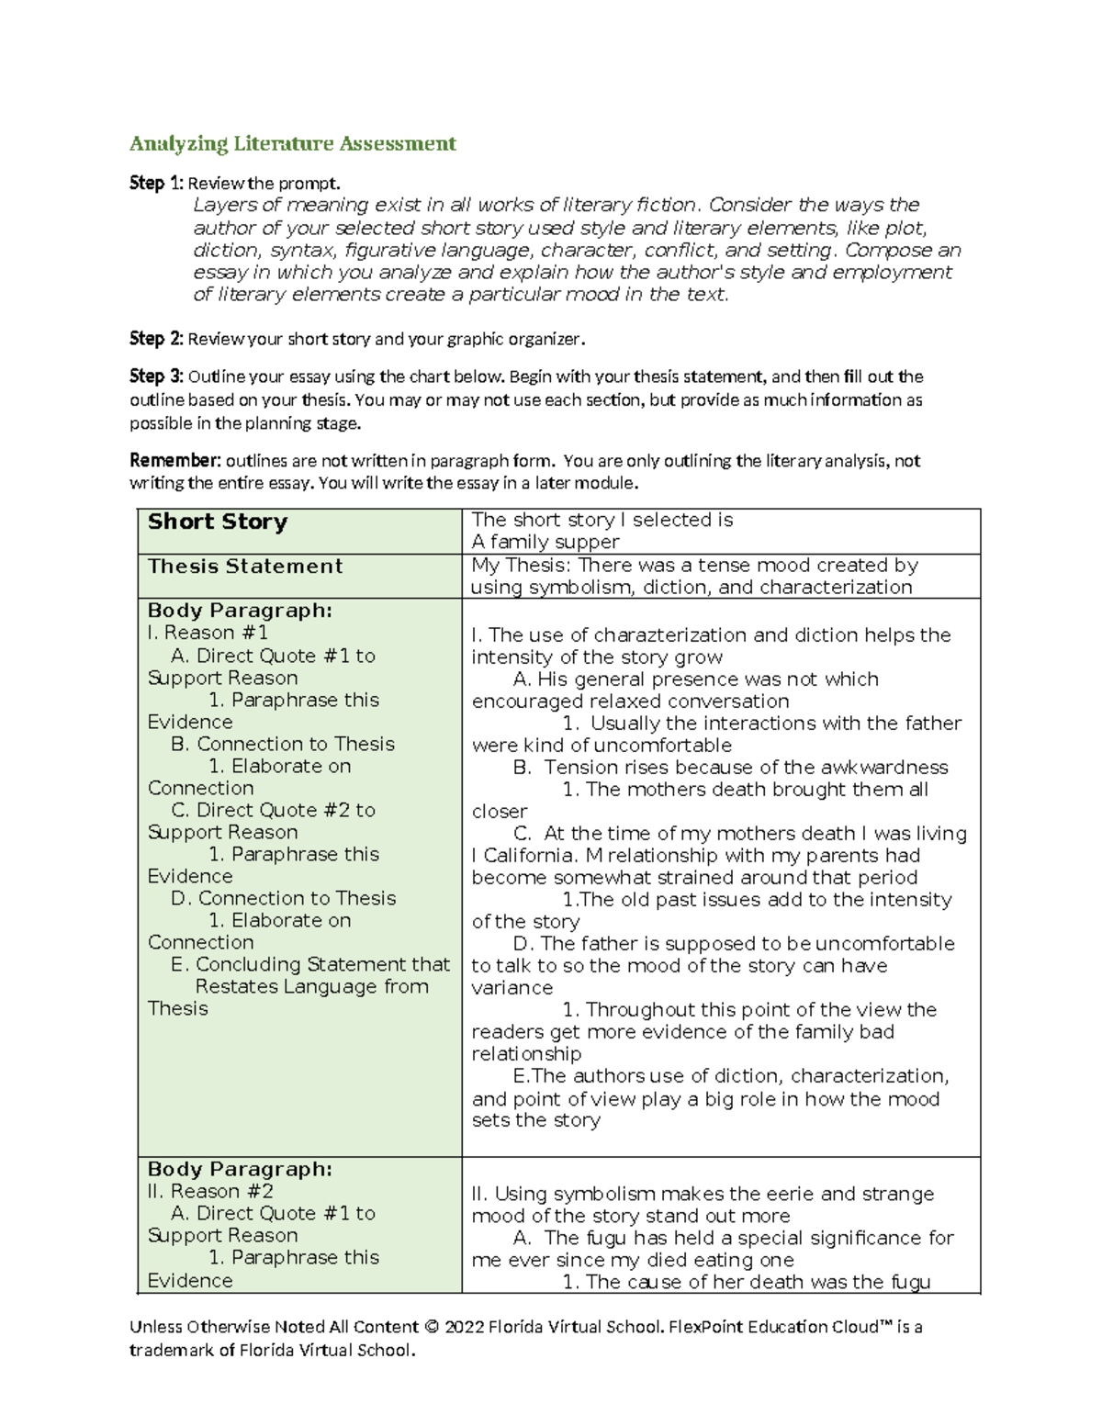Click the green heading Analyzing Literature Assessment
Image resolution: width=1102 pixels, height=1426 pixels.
click(292, 143)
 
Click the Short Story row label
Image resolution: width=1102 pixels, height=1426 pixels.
click(218, 522)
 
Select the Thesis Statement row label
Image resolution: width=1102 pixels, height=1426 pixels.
click(245, 567)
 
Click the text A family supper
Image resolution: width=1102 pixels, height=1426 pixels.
click(545, 542)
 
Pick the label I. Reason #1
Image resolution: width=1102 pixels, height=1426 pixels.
click(208, 633)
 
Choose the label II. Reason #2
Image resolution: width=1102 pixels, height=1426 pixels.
click(210, 1191)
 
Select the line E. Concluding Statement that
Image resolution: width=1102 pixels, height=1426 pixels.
click(310, 964)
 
